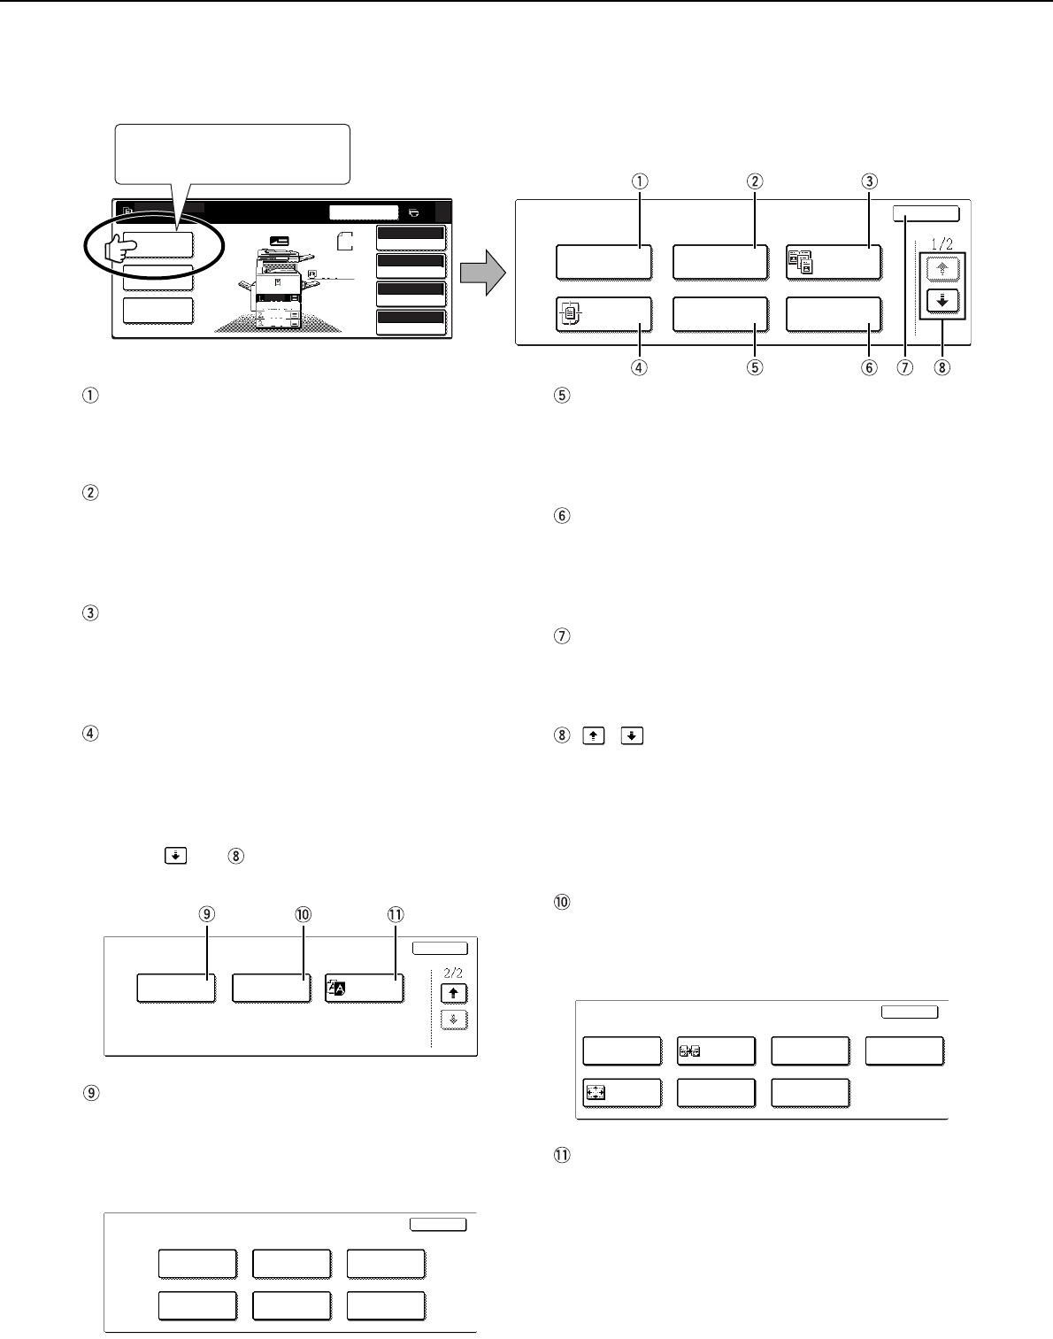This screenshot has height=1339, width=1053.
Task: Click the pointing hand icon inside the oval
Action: click(x=120, y=249)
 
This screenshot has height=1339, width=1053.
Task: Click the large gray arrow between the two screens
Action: click(x=483, y=272)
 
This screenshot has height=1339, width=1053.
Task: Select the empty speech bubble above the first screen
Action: click(x=232, y=154)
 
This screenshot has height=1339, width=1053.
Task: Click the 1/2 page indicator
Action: click(x=942, y=244)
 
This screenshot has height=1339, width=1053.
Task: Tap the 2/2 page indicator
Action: click(x=453, y=973)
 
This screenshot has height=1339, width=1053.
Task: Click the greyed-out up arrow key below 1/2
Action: click(x=942, y=269)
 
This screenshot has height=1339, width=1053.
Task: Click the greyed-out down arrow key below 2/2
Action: click(x=454, y=1020)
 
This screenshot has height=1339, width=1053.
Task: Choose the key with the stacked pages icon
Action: click(x=834, y=262)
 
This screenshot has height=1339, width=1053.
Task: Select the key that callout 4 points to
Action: click(x=603, y=313)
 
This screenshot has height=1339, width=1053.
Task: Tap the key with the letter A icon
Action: click(x=364, y=988)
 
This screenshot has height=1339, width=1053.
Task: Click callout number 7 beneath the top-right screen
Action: click(x=905, y=368)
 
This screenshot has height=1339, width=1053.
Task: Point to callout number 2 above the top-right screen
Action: click(x=755, y=181)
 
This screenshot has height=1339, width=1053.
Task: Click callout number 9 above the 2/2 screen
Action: click(x=206, y=914)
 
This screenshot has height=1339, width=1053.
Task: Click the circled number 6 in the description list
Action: click(x=562, y=515)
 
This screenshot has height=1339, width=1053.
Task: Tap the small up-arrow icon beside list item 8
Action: click(x=594, y=735)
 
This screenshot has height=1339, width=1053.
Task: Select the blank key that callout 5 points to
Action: click(x=720, y=313)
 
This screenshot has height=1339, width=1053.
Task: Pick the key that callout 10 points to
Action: click(x=272, y=988)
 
